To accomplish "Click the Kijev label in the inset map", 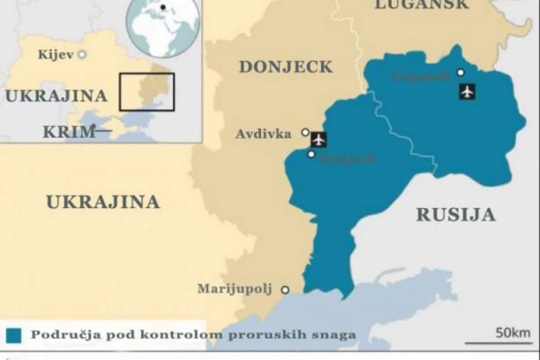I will point(56,55).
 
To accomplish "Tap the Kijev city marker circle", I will point(82,55).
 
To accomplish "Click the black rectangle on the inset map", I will point(146,92).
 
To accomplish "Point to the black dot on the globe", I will point(162,8).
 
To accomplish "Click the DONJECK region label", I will point(286,67).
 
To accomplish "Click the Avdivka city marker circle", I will point(305,132).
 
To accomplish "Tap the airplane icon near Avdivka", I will point(319,139).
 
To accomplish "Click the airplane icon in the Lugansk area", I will point(467,91).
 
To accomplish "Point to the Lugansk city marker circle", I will point(460,72).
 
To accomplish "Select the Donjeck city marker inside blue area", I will point(311,154).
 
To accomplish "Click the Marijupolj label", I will point(236,289).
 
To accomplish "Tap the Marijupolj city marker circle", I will point(284,289).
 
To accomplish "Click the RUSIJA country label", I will point(455,214).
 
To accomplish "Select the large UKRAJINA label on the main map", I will point(102,202).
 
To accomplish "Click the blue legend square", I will point(13,335).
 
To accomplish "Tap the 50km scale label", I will point(513,333).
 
